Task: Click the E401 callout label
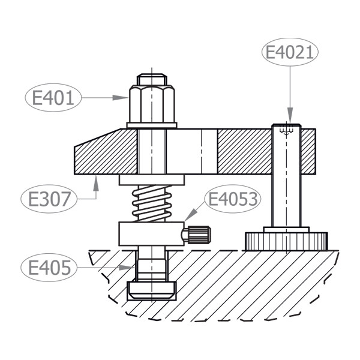click(x=53, y=98)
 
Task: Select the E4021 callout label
click(x=290, y=52)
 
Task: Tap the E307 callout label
click(x=49, y=199)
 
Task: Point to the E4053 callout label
click(x=233, y=199)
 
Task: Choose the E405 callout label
click(x=49, y=268)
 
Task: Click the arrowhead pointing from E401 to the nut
click(x=121, y=98)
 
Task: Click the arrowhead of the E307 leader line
click(x=96, y=183)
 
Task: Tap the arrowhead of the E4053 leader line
click(x=191, y=215)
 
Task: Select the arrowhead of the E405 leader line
click(x=127, y=268)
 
